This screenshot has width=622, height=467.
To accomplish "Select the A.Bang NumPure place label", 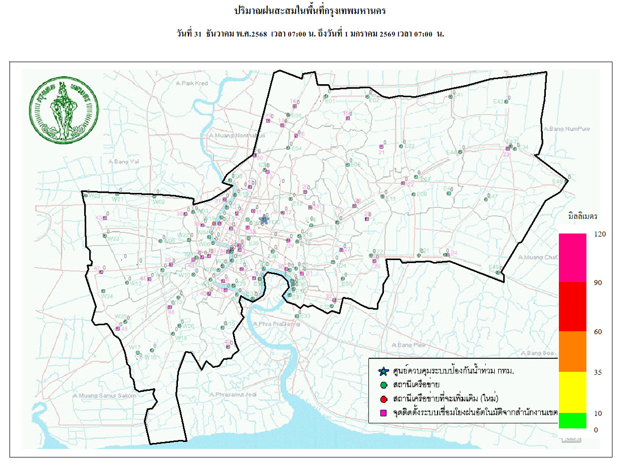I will click(x=566, y=129).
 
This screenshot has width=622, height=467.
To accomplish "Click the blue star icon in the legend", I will click(x=383, y=372).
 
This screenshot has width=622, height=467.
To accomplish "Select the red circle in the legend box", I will click(x=383, y=399).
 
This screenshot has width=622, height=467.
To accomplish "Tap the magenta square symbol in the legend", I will click(x=383, y=413).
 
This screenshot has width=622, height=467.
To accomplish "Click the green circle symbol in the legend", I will click(x=383, y=385).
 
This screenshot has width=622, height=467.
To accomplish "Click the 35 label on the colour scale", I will click(x=597, y=372).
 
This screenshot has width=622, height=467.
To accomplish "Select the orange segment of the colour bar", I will click(x=572, y=351).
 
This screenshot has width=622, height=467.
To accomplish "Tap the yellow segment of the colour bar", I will click(x=572, y=392).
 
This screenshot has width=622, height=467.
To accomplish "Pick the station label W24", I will click(x=107, y=296).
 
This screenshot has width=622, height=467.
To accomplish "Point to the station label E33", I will click(x=305, y=316).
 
